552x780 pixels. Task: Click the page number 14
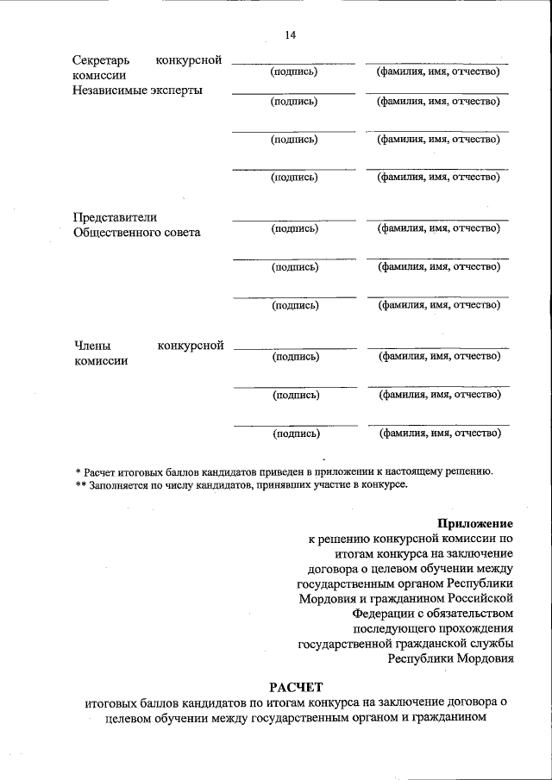(x=290, y=34)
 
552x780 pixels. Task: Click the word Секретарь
(x=102, y=60)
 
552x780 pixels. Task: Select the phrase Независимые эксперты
(x=139, y=90)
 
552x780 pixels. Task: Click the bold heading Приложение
(x=475, y=523)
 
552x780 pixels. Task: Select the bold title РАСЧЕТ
(x=295, y=687)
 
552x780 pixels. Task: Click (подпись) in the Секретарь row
(x=293, y=72)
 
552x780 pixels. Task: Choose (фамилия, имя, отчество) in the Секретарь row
(x=437, y=72)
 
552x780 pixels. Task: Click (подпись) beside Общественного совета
(x=295, y=228)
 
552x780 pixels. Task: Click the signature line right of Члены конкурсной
(x=294, y=347)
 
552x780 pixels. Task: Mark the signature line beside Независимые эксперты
(x=293, y=92)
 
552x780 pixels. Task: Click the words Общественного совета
(x=137, y=233)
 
